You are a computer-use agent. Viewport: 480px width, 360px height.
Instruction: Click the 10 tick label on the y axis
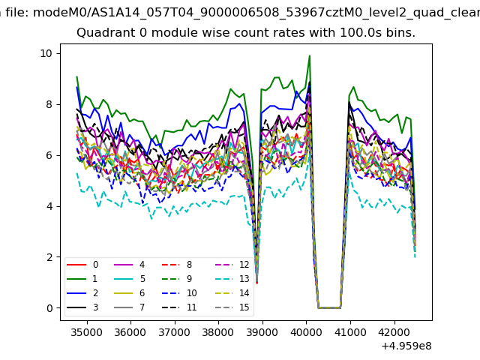click(x=46, y=53)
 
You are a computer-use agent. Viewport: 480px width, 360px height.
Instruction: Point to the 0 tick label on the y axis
click(x=49, y=308)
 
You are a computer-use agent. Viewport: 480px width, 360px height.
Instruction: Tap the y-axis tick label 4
click(x=49, y=206)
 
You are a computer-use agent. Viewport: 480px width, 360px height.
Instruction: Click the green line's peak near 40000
click(x=309, y=56)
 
